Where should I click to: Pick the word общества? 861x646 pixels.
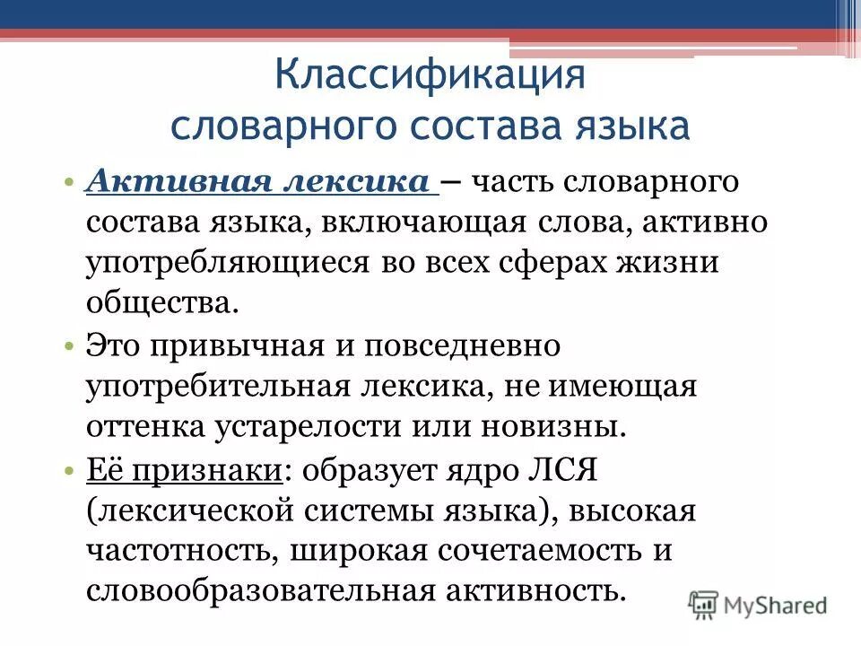coord(162,304)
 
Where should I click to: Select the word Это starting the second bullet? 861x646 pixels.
coord(113,345)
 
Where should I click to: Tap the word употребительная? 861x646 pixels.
coord(216,387)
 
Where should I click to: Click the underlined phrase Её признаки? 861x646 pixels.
coord(184,469)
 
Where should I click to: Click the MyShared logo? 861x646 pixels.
coord(759,605)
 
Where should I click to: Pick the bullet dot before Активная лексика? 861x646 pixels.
coord(69,183)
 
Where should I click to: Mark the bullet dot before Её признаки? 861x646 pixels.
coord(69,470)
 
